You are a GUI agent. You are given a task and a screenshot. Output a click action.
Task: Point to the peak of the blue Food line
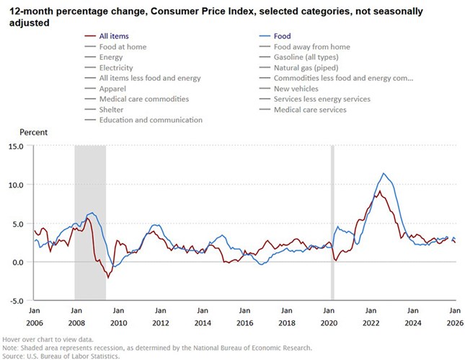(x=384, y=173)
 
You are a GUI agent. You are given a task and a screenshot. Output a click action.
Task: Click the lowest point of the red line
(x=108, y=278)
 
